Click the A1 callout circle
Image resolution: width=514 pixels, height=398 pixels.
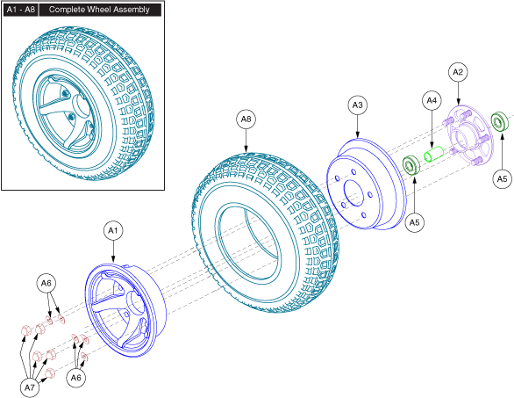(x=113, y=231)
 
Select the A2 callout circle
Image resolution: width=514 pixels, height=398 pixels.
(x=458, y=72)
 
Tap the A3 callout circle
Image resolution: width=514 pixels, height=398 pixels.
(x=357, y=105)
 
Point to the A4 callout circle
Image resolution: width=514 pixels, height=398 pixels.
(x=432, y=100)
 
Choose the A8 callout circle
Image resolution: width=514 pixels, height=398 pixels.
(x=246, y=119)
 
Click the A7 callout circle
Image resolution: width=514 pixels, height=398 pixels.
(x=30, y=387)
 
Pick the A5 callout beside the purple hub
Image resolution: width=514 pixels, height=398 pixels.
(x=502, y=179)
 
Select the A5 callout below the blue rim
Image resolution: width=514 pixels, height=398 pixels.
(x=414, y=222)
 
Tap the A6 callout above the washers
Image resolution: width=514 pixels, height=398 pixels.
(x=46, y=283)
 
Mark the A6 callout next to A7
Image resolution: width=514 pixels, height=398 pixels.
(x=75, y=378)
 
